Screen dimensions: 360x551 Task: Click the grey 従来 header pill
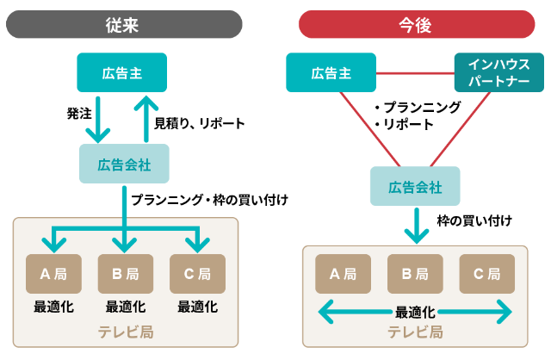(124, 23)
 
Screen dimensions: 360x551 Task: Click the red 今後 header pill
(416, 23)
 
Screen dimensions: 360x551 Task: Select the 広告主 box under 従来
(121, 73)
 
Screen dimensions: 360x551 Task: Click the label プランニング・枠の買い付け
(209, 200)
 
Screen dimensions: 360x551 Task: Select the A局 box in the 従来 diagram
(53, 275)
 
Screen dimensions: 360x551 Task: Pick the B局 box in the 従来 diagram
(126, 275)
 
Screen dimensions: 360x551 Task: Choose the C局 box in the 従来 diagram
(197, 275)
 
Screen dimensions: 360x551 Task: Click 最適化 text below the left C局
(197, 306)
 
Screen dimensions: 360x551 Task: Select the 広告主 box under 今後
(331, 73)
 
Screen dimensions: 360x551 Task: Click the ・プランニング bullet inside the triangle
(418, 108)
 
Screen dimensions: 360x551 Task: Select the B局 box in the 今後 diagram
(416, 275)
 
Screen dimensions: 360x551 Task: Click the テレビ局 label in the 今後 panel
(415, 332)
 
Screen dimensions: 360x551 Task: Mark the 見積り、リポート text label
(199, 123)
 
